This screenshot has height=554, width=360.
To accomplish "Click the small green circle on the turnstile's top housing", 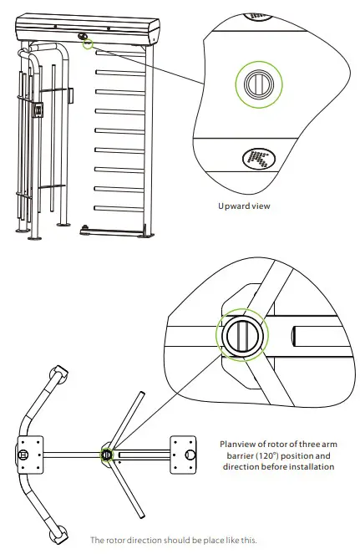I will (87, 43).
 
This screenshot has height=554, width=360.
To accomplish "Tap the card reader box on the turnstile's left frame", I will (38, 109).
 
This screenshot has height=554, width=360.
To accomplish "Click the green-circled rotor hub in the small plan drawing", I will (107, 455).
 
